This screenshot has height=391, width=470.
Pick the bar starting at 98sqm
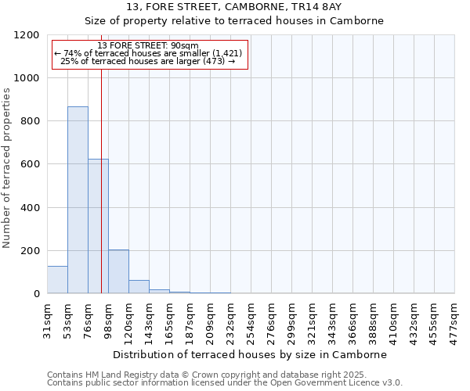(x=118, y=272)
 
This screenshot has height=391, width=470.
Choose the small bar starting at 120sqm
(x=139, y=287)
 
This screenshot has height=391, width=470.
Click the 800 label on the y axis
(x=31, y=121)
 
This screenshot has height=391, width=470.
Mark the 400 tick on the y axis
(x=31, y=207)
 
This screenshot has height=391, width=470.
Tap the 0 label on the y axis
(x=37, y=294)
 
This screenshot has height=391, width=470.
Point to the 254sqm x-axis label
(x=251, y=318)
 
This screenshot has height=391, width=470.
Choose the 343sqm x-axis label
(x=333, y=318)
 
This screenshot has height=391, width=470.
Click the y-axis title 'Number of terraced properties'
(x=7, y=168)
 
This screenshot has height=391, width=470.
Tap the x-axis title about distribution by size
(x=251, y=354)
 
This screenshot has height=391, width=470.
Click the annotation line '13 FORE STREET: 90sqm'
(x=150, y=45)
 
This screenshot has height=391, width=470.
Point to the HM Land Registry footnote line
(x=225, y=375)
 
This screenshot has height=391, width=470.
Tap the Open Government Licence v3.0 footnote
(x=225, y=383)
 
